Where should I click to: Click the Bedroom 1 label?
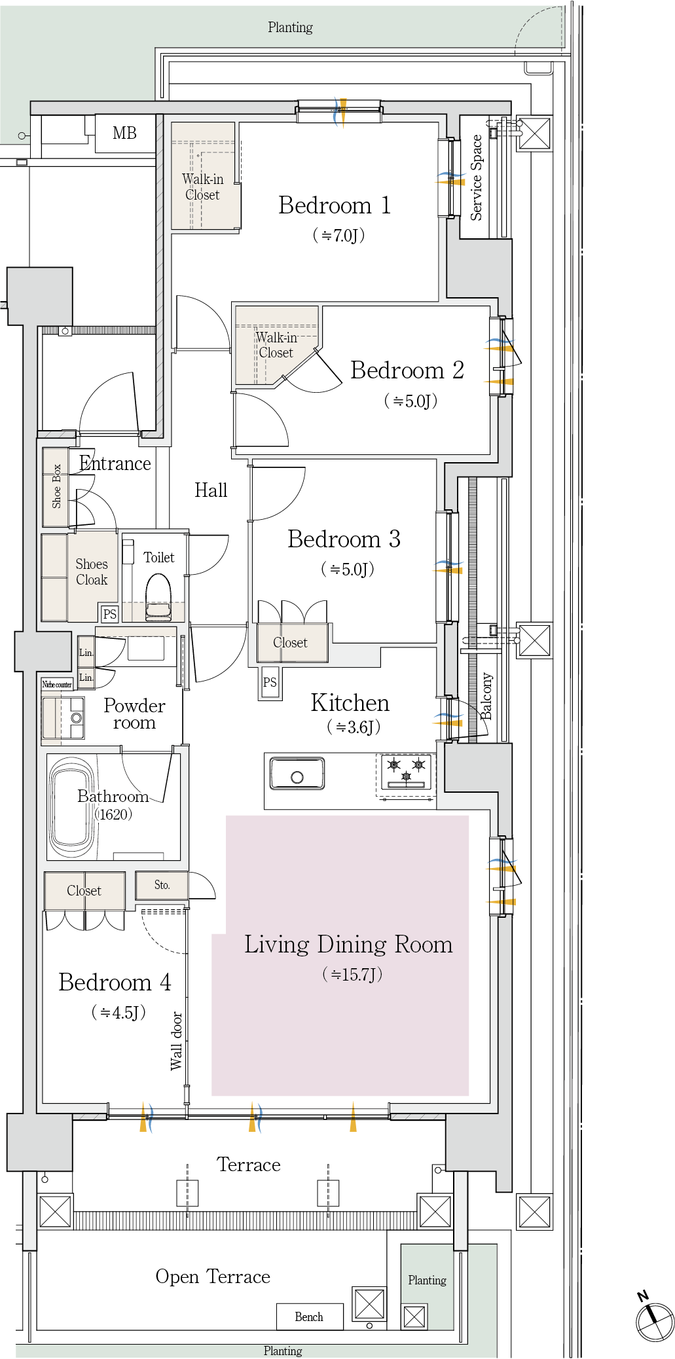[335, 206]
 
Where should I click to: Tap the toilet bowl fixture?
[158, 597]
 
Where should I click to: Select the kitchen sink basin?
[297, 773]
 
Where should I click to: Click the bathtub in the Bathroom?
[71, 807]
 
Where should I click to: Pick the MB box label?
[124, 134]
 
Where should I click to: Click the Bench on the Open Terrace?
[309, 1316]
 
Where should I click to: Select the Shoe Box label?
[56, 486]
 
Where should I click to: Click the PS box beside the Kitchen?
[270, 682]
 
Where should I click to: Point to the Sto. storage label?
[162, 885]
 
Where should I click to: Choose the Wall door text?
[176, 1041]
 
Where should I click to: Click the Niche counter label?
[57, 685]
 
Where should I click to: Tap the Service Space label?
[476, 177]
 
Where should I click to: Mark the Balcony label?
[486, 696]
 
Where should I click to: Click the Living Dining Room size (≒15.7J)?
[352, 975]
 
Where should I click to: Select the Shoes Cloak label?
[92, 572]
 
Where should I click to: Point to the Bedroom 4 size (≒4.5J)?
[118, 1013]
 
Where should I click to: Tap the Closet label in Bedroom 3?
[290, 643]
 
